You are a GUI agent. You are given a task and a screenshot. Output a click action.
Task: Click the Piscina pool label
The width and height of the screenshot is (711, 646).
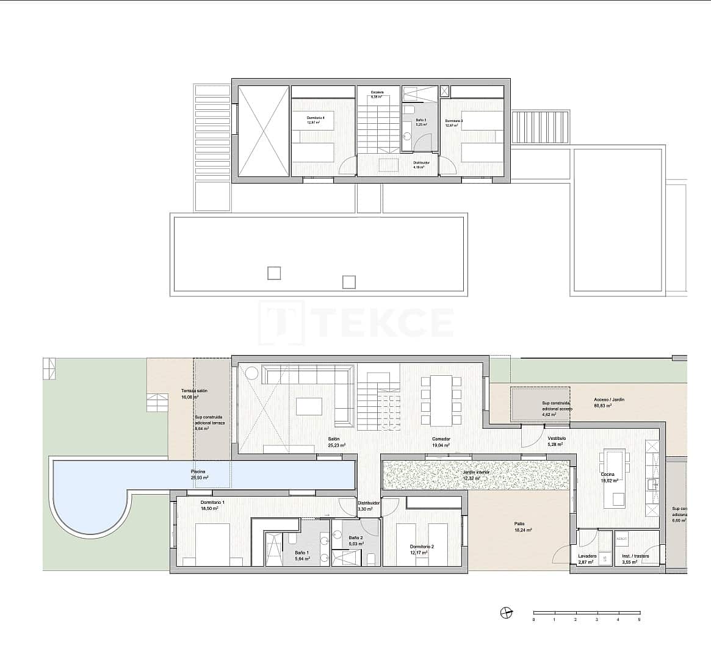198,472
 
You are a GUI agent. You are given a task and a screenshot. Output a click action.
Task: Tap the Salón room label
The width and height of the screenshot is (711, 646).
333,439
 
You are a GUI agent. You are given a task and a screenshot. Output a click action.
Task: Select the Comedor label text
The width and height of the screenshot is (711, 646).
441,439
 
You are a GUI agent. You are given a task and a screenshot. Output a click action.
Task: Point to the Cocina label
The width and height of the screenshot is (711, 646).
607,474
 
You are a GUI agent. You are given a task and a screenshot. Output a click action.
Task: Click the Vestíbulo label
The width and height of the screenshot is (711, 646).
556,438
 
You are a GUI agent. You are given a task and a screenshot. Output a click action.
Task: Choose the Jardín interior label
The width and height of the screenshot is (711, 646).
475,472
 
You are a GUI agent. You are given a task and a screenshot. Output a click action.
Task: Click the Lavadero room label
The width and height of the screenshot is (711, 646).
588,556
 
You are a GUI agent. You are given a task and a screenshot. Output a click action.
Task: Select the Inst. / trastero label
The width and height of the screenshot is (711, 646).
635,556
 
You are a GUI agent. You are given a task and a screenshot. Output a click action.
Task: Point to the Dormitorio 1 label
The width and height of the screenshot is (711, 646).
212,502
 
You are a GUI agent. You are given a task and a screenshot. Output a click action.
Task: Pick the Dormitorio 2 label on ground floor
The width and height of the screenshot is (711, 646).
422,547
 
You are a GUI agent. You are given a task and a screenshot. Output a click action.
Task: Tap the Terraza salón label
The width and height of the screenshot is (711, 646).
194,390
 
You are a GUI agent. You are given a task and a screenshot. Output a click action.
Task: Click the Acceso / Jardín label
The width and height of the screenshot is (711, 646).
609,400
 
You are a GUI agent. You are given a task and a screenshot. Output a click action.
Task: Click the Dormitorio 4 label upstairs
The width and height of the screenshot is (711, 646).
316,118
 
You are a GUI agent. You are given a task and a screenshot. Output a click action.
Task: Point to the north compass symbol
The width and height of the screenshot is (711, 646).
505,612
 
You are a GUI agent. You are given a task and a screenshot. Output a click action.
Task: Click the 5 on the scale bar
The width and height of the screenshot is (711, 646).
639,619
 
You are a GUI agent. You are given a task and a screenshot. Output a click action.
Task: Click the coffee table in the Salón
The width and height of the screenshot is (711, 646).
309,406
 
